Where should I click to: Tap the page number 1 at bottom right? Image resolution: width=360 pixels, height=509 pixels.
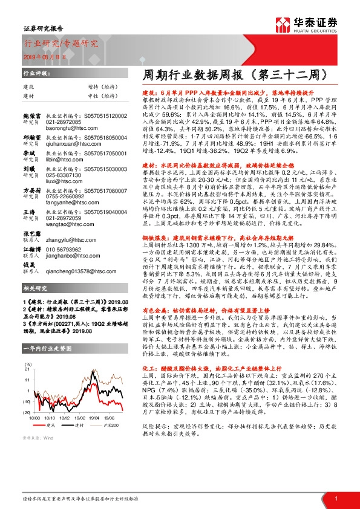coord(335,498)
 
